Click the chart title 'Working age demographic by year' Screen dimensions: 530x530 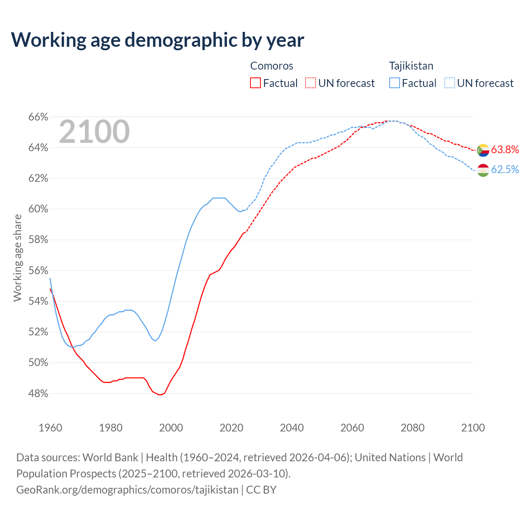(x=157, y=40)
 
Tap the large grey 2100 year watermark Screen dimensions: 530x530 (x=94, y=132)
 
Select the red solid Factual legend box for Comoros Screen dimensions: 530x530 (x=255, y=83)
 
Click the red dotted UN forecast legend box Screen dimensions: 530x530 (x=311, y=83)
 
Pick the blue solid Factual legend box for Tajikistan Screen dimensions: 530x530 (x=395, y=83)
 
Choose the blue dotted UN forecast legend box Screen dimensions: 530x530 (x=450, y=83)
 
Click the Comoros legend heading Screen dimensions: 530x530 (x=272, y=66)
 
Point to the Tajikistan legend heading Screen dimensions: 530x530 (x=411, y=66)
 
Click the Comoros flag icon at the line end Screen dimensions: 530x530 (x=483, y=150)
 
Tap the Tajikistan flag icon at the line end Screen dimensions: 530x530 (x=483, y=170)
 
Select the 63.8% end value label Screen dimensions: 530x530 (x=505, y=150)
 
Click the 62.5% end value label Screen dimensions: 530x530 (x=505, y=170)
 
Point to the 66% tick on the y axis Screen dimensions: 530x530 (x=38, y=117)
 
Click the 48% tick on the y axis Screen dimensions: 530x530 (x=38, y=393)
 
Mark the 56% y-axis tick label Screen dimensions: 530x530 (x=38, y=271)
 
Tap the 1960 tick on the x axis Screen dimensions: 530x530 (x=50, y=428)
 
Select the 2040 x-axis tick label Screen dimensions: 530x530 (x=291, y=428)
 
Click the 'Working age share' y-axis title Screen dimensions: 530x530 (x=17, y=258)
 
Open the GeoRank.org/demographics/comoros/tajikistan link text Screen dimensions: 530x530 (x=127, y=490)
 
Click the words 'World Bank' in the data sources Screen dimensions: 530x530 (x=110, y=458)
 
